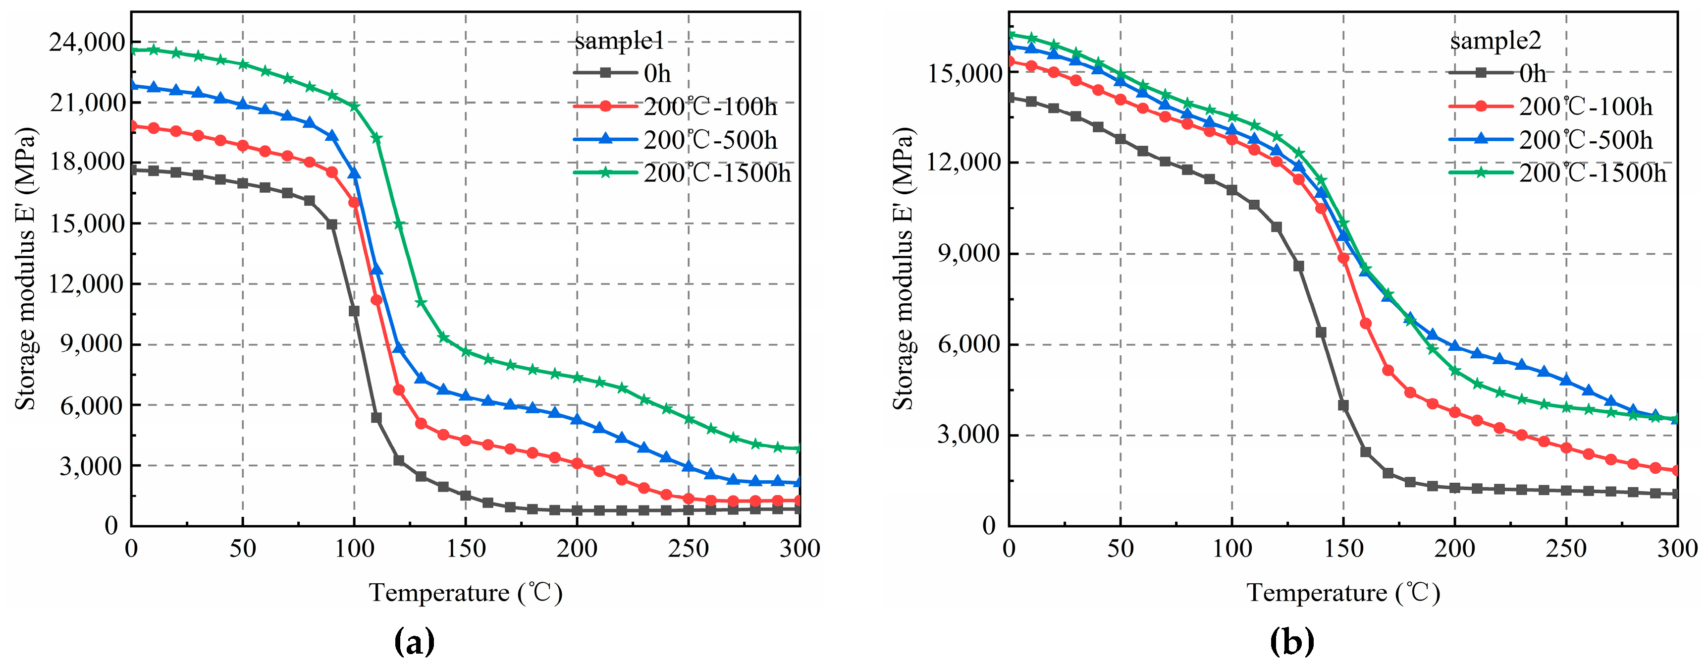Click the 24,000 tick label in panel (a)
(86, 43)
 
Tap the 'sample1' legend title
(619, 41)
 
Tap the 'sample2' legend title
(1495, 41)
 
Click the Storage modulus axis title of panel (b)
(903, 269)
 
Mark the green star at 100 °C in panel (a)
(354, 106)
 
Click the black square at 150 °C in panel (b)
(1343, 405)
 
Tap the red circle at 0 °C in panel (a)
(132, 126)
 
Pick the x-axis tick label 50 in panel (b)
(1120, 549)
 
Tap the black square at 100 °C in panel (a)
(354, 311)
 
